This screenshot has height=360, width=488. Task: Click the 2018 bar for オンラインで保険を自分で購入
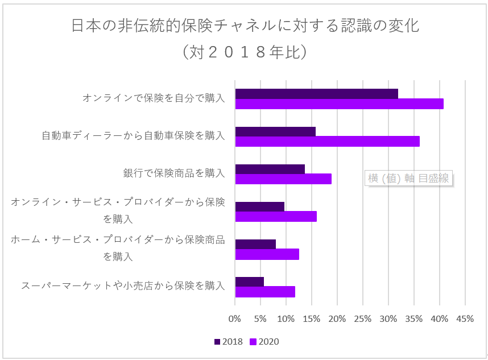(x=316, y=94)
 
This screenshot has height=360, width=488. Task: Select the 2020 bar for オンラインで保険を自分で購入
(x=339, y=104)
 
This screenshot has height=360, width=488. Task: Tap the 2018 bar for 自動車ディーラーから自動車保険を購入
(x=275, y=131)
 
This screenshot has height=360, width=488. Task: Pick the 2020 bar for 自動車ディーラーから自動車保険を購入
(x=327, y=142)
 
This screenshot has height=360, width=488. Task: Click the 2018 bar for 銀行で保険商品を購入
(x=270, y=169)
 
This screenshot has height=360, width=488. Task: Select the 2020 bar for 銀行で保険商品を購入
(x=283, y=179)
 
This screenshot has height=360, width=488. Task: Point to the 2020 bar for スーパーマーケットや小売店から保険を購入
(x=265, y=292)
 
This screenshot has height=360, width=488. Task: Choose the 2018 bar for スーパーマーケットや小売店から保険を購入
(x=249, y=282)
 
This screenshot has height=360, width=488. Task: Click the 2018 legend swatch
(x=217, y=342)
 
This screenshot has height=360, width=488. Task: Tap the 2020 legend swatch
(x=254, y=342)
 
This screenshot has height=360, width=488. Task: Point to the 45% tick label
(x=465, y=319)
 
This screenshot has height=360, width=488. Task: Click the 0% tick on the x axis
(x=235, y=319)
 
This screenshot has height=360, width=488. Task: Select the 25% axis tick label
(x=363, y=319)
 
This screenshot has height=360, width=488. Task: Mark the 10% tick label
(x=286, y=319)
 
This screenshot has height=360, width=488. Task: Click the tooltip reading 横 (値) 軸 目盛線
(x=408, y=178)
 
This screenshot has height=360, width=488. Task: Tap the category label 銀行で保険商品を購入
(x=174, y=173)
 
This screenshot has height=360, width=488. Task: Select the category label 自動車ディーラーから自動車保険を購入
(x=133, y=136)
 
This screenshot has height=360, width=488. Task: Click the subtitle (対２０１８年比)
(x=245, y=52)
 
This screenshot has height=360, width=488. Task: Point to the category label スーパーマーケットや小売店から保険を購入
(x=123, y=285)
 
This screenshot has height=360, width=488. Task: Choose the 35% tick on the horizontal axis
(x=414, y=319)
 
